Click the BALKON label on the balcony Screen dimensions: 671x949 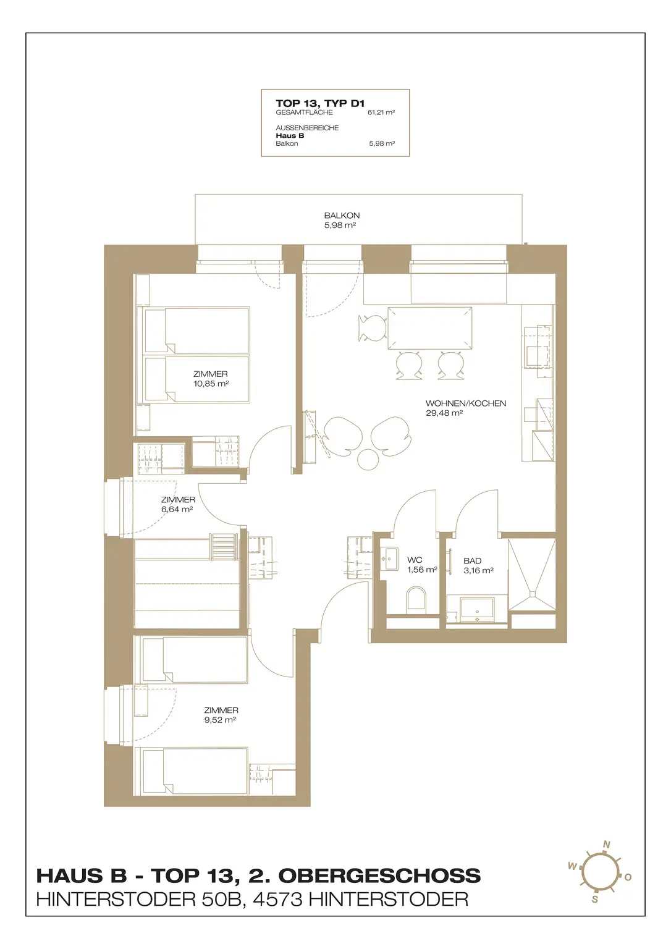click(x=342, y=216)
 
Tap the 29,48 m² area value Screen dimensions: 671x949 click(x=444, y=413)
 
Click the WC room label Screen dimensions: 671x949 click(x=415, y=560)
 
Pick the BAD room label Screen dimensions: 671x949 click(x=472, y=561)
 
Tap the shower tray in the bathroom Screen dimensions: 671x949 click(x=531, y=575)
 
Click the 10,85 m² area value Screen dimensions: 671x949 click(x=211, y=384)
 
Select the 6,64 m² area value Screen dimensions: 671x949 click(x=177, y=509)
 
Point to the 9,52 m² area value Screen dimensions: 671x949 click(x=220, y=720)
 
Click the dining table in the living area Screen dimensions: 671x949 click(x=429, y=328)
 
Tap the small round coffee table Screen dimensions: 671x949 click(x=367, y=459)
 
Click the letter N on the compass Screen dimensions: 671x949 click(x=606, y=845)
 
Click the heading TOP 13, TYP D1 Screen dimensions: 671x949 click(x=320, y=103)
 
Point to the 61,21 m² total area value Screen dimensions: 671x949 click(x=381, y=112)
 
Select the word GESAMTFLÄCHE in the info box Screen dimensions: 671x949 click(x=304, y=112)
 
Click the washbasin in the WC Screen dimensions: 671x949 click(x=389, y=559)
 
